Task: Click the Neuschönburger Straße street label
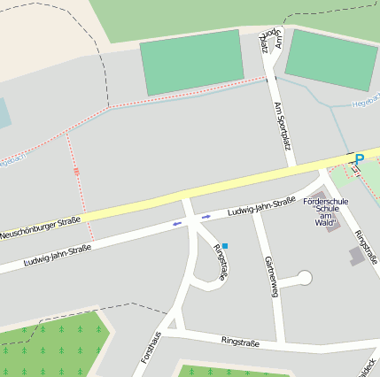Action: point(41,227)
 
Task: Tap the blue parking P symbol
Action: point(359,160)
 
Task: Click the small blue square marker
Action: point(225,245)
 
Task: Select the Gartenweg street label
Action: point(269,274)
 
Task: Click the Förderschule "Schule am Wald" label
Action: point(325,212)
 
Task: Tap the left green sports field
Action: point(192,62)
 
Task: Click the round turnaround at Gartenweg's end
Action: point(306,278)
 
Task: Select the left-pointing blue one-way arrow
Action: point(176,223)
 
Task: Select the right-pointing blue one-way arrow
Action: point(206,216)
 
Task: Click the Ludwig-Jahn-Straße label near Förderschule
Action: point(260,207)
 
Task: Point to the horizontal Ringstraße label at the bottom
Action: point(240,342)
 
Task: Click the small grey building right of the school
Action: point(358,256)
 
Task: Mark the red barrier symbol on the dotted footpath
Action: point(76,171)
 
